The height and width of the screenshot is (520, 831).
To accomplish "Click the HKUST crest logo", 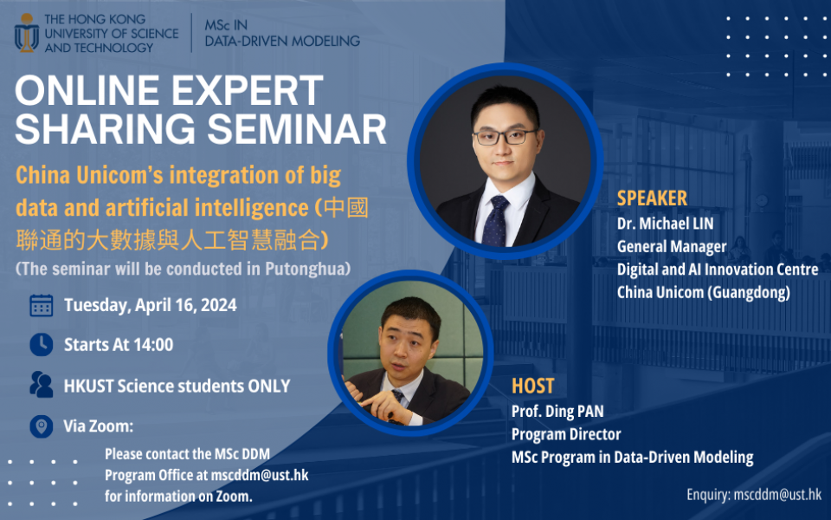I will (26, 33).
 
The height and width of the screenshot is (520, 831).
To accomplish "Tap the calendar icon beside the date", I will (41, 305).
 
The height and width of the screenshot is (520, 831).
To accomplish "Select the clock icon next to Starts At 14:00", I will (41, 344).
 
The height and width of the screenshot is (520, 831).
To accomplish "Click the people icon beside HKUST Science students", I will (41, 385).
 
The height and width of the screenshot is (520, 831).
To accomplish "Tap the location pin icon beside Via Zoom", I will (41, 426).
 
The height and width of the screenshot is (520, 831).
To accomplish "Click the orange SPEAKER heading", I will (652, 198).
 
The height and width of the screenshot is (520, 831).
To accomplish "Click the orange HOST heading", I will (532, 387).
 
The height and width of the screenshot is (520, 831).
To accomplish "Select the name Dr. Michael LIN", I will (665, 224).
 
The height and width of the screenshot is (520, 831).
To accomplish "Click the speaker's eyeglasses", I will (506, 137).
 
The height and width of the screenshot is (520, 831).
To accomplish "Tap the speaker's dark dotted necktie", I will (497, 220).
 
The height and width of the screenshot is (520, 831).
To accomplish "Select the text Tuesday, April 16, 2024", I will (150, 305).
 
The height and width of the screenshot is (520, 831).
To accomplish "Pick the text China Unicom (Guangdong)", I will (703, 293).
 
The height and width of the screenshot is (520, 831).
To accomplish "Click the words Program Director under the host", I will (566, 434).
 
